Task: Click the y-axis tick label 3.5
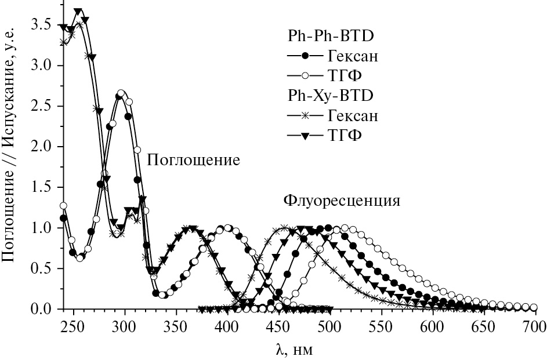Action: [x=42, y=26]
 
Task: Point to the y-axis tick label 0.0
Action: [x=42, y=309]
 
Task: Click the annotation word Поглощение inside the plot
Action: [x=193, y=161]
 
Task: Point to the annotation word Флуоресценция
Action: [x=342, y=201]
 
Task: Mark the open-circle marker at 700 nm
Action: [x=534, y=307]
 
